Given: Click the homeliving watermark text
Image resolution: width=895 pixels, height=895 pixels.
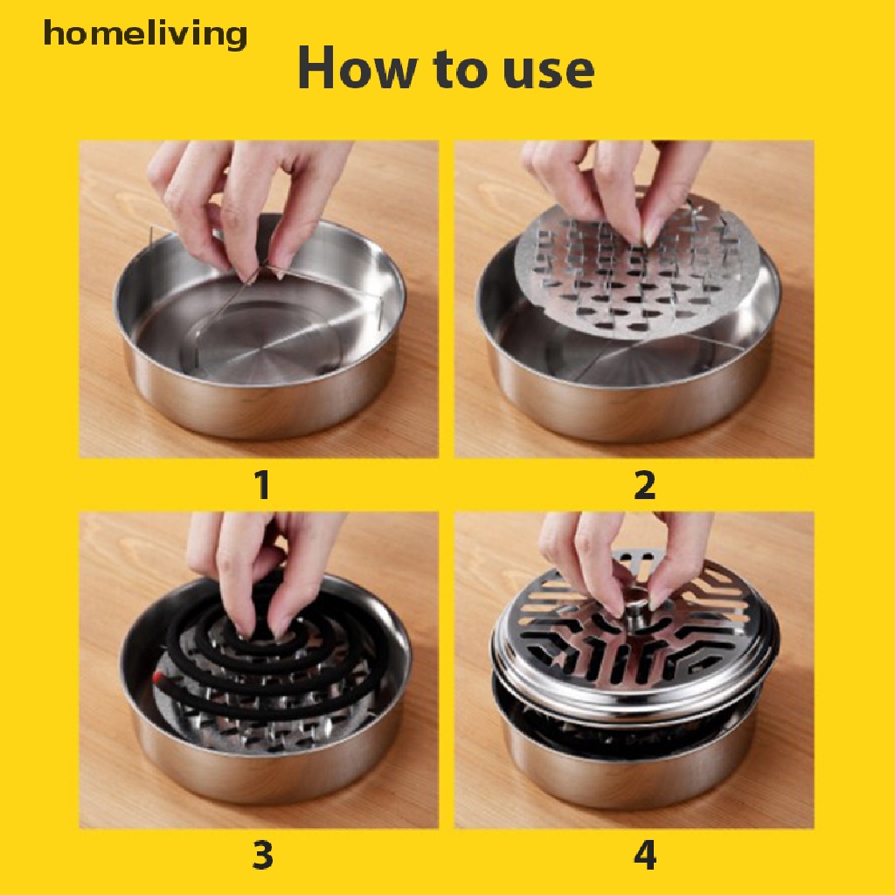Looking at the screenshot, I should tap(145, 35).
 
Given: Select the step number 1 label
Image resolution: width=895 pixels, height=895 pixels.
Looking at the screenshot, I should tap(261, 486).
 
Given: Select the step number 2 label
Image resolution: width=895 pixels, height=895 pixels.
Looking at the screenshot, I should tap(644, 486).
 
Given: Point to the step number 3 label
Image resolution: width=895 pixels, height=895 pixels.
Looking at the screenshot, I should tap(261, 856).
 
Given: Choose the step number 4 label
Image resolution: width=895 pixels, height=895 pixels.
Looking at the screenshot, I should tap(644, 856).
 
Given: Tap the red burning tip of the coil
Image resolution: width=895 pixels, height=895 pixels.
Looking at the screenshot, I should tap(157, 677).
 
